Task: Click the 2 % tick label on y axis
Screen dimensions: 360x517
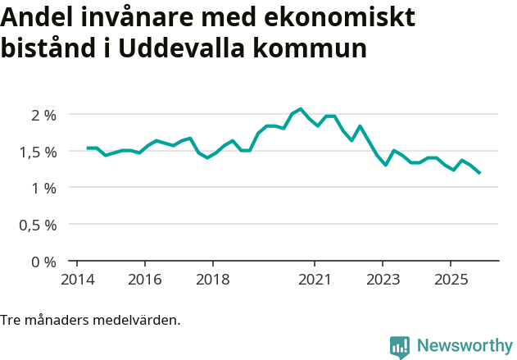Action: [x=43, y=115]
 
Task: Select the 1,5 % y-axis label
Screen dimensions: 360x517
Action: [x=38, y=152]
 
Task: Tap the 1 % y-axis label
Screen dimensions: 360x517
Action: [x=43, y=188]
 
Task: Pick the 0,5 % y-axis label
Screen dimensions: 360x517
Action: [x=38, y=225]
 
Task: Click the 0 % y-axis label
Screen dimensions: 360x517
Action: [x=43, y=262]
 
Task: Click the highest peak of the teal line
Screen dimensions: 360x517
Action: [x=301, y=109]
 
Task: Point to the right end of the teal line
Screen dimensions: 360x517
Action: [x=479, y=173]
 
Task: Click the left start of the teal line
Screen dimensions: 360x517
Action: [x=88, y=148]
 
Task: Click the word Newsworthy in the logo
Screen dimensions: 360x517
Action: [x=465, y=346]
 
